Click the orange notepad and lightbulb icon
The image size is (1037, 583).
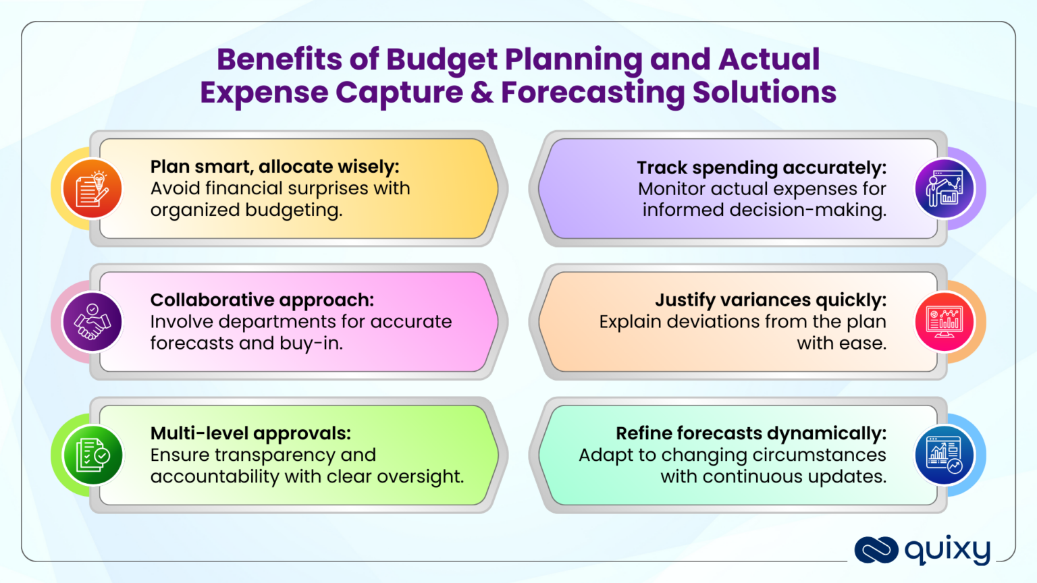tap(92, 189)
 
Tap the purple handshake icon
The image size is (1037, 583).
tap(92, 322)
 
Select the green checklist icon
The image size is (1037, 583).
tap(92, 455)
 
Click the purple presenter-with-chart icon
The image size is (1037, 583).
tap(945, 189)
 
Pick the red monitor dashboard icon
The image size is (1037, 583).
tap(945, 322)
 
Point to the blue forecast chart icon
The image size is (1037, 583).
tap(945, 455)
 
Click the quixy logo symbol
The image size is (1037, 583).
tap(876, 550)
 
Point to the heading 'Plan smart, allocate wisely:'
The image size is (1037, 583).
tap(275, 167)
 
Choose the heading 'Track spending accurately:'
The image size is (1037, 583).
tap(762, 167)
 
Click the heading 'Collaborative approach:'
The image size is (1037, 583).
tap(262, 300)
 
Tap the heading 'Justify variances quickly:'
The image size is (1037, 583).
tap(771, 300)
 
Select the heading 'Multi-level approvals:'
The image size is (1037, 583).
tap(250, 433)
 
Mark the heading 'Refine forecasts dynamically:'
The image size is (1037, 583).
tap(751, 433)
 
